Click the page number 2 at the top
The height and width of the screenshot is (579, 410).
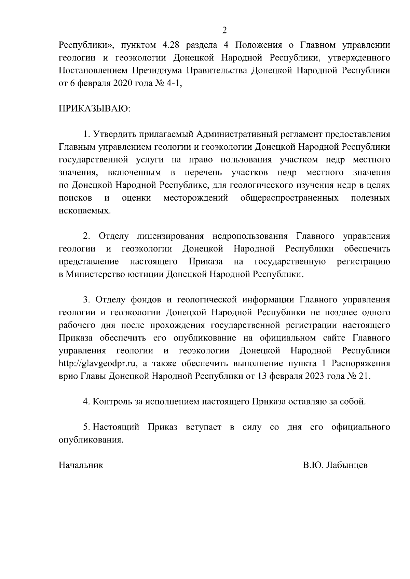224,31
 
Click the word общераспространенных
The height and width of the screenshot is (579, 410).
289,198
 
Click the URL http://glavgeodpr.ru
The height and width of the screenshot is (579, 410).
98,364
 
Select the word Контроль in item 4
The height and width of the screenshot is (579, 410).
112,402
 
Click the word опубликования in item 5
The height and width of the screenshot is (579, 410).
91,440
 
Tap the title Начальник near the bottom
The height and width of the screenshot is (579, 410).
81,465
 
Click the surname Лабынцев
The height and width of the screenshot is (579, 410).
346,465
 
